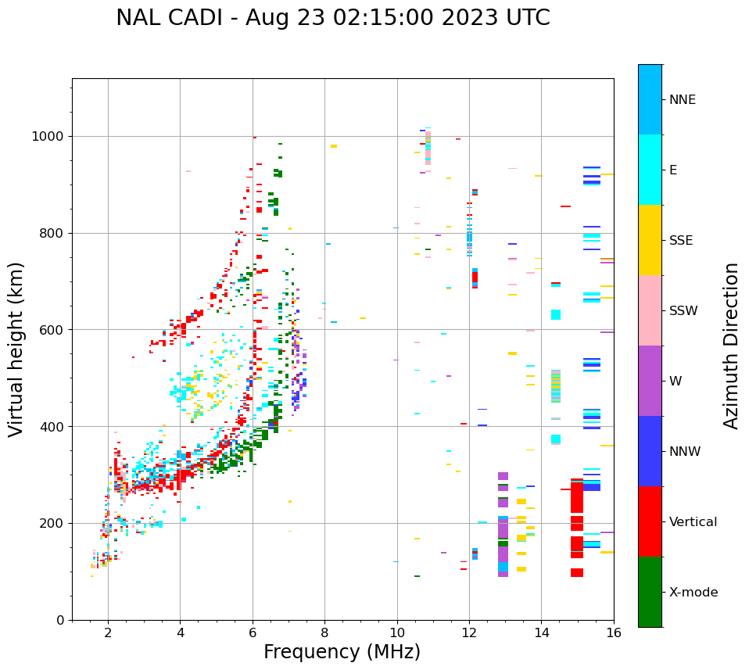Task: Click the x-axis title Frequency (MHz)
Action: click(x=342, y=652)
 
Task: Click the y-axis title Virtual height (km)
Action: click(x=16, y=349)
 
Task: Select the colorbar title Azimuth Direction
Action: click(x=731, y=346)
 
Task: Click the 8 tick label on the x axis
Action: click(x=324, y=632)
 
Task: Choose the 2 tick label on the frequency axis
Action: click(x=108, y=632)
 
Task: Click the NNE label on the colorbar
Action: click(x=683, y=100)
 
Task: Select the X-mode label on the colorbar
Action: click(x=693, y=593)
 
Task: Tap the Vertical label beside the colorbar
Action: click(x=693, y=522)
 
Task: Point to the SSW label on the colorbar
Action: click(x=683, y=311)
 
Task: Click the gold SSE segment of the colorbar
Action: click(x=650, y=240)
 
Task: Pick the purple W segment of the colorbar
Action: click(x=650, y=381)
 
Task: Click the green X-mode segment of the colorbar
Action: click(x=650, y=592)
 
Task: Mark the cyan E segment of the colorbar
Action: click(x=650, y=170)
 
